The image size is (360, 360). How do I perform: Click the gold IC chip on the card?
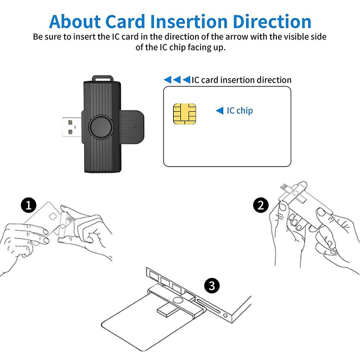pos(185,114)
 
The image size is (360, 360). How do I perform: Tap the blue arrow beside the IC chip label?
pos(220,111)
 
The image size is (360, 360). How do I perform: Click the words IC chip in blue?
pos(240,111)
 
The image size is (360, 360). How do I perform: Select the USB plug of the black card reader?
pos(71,127)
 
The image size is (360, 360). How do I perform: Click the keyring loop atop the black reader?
pos(102,78)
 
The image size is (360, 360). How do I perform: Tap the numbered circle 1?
pos(29,205)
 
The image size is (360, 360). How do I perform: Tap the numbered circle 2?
pos(261,205)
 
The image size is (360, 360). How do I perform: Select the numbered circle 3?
pos(212,286)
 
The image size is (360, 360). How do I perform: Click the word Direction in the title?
pos(272,22)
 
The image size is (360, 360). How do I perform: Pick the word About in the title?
pos(75,22)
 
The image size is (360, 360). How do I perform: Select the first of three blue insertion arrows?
pos(167,80)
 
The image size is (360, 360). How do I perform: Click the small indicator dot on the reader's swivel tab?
pos(136,127)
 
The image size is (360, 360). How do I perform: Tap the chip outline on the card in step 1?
pos(53,217)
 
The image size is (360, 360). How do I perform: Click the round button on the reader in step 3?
pos(178,301)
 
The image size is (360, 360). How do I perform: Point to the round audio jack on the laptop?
pos(226,316)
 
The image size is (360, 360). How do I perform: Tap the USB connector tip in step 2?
pos(284,187)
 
